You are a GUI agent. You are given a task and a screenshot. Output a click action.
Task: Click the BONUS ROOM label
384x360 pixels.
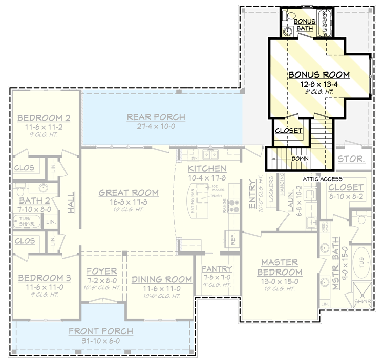tap(318, 75)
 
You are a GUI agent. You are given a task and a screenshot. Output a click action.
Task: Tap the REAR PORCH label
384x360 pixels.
tap(156, 117)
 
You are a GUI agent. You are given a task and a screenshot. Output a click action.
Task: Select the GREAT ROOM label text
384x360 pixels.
tap(129, 193)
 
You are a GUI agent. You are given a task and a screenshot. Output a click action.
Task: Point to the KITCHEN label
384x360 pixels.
tap(207, 168)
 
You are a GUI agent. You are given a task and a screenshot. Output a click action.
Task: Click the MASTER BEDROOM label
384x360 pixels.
tap(280, 267)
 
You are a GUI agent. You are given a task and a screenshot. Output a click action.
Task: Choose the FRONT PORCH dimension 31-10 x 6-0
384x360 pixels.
tap(101, 341)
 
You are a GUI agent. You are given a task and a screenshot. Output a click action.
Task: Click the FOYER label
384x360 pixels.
tap(101, 271)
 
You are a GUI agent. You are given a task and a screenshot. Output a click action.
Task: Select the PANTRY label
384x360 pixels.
tap(217, 269)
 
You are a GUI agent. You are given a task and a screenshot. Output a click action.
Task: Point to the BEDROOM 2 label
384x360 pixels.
tap(44, 119)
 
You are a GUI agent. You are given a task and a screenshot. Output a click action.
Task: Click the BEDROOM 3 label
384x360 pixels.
tap(44, 278)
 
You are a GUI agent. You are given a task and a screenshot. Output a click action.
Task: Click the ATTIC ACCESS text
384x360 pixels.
tap(323, 179)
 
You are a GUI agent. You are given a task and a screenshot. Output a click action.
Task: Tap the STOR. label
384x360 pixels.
tap(352, 159)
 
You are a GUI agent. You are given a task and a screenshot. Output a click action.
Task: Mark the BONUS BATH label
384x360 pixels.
tap(305, 25)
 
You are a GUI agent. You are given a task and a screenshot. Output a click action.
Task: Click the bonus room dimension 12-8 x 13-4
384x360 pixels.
tap(318, 84)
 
